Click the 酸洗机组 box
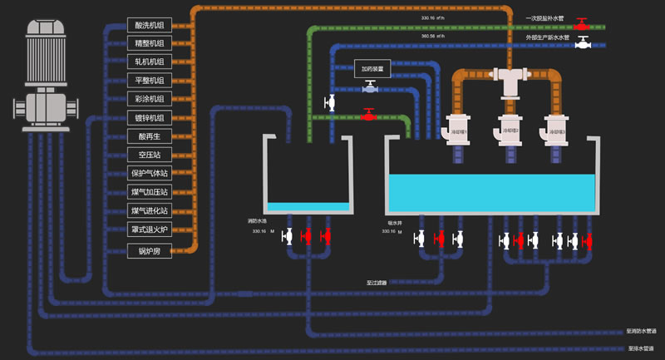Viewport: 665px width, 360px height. pos(150,25)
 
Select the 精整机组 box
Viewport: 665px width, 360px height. pos(150,43)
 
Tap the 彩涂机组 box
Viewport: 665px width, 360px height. pos(150,99)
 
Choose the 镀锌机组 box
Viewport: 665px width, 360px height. pos(150,117)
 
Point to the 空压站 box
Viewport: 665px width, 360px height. pos(150,155)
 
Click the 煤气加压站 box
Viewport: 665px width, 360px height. pos(150,192)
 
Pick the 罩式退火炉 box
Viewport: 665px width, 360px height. pos(150,229)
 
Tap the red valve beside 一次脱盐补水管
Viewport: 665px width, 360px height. pos(584,22)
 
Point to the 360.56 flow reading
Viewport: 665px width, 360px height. pos(434,36)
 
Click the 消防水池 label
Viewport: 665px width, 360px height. pos(258,220)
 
